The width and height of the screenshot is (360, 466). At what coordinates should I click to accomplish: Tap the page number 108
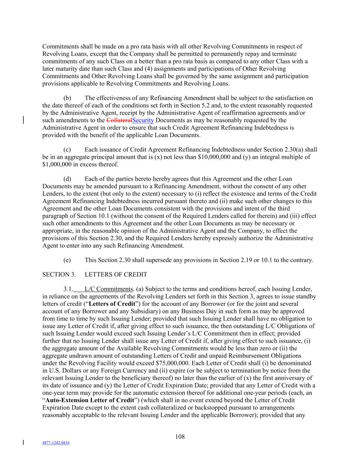tap(180, 437)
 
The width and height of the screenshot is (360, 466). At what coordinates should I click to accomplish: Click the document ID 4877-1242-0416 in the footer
tap(56, 443)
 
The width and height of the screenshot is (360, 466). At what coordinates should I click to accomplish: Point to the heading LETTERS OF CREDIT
tap(116, 274)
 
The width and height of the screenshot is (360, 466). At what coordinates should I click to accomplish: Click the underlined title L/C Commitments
tap(109, 289)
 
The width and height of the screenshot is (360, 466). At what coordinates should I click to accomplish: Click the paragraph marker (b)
tap(67, 98)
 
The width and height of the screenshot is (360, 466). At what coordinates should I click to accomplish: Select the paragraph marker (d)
tap(67, 179)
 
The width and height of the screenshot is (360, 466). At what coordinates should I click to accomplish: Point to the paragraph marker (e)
tap(67, 260)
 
